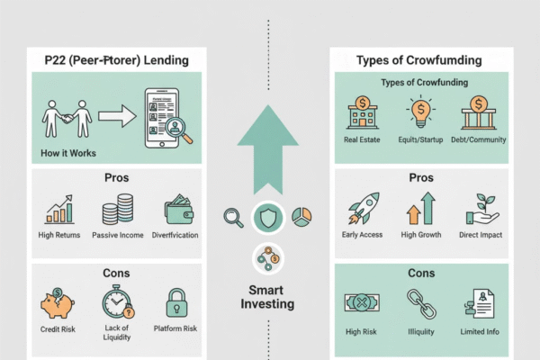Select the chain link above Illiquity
tap(418, 301)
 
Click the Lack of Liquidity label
tap(117, 335)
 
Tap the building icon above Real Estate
tap(363, 115)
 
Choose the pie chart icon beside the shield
tap(302, 219)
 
